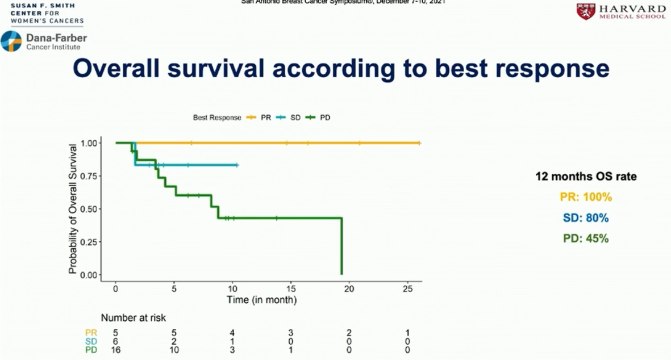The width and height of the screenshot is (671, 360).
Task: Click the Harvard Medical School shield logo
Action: click(586, 11)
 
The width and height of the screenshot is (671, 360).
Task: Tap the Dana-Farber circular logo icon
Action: click(11, 41)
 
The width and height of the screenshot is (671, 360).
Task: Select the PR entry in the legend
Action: click(259, 118)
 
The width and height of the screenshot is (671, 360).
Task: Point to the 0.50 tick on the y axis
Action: click(91, 209)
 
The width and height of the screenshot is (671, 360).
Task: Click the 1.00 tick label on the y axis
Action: click(90, 143)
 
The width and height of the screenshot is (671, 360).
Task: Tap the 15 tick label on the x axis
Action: click(290, 288)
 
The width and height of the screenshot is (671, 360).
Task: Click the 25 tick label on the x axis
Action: click(407, 288)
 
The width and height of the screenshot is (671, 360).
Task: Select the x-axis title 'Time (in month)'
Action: click(261, 299)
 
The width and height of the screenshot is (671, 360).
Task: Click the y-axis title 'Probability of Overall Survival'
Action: click(73, 209)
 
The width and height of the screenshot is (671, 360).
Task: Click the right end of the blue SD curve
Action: click(237, 165)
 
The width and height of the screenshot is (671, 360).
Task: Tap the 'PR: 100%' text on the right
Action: click(585, 198)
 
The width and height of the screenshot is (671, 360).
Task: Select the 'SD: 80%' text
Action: click(585, 218)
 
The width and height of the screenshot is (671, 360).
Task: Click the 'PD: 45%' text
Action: click(585, 238)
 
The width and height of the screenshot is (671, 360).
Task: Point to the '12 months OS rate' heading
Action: click(586, 177)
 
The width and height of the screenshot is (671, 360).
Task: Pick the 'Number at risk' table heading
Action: click(134, 318)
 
